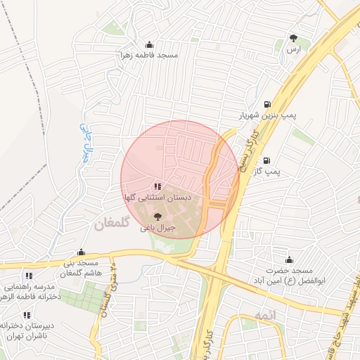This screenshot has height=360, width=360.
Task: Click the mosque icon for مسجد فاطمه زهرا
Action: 148,44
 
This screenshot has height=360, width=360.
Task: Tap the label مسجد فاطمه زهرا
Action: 150,55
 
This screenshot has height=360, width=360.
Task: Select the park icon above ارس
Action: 293,39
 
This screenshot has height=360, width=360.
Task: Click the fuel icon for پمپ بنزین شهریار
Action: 266,104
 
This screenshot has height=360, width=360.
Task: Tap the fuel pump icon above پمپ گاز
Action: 267,160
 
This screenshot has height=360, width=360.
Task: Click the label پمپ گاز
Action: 267,171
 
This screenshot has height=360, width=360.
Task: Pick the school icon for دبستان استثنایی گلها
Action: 157,186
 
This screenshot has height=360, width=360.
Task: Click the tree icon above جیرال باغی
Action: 157,217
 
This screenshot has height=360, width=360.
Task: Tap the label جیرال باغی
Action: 157,228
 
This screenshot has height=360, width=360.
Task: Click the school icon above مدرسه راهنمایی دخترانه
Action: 28,276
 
